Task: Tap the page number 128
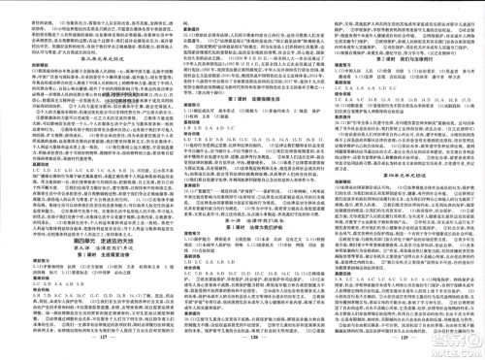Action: click(243, 351)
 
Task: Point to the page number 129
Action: click(397, 351)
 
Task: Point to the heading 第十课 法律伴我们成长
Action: click(233, 222)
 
